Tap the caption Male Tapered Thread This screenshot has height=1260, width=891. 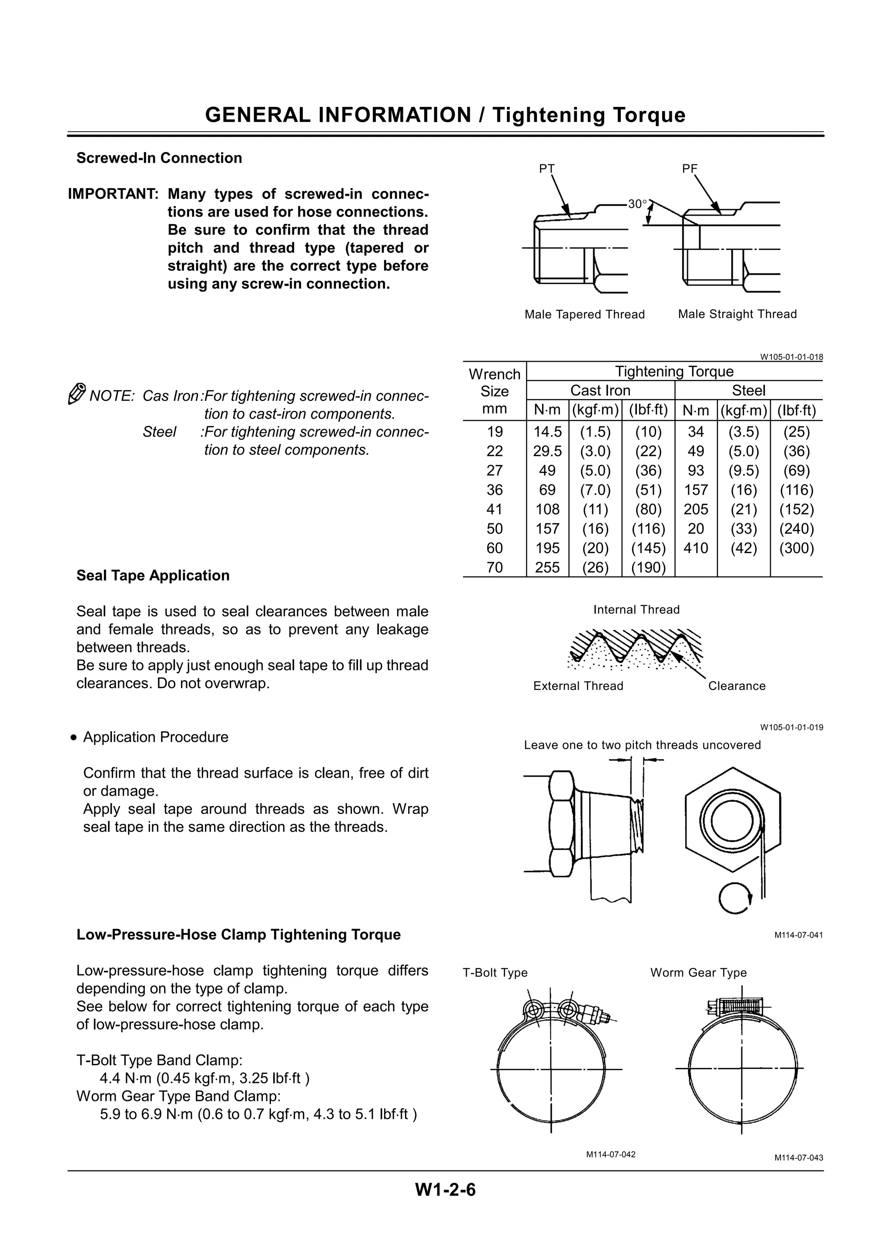[585, 314]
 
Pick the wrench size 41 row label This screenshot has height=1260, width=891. [495, 509]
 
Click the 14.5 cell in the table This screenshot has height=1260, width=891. [547, 432]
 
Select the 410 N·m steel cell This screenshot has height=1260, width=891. [696, 548]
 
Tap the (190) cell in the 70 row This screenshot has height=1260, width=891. [648, 567]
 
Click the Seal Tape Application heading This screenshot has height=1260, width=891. [153, 575]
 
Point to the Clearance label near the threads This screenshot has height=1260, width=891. [736, 686]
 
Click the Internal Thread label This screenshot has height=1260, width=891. [636, 610]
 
